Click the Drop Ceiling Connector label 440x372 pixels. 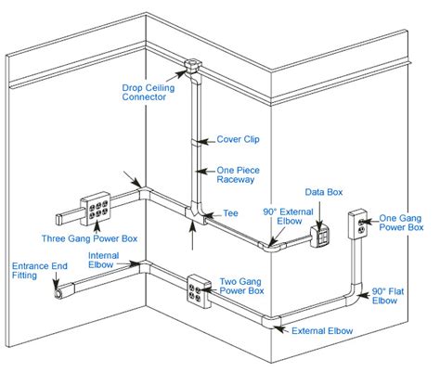[149, 93]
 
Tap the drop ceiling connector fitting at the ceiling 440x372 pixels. [193, 67]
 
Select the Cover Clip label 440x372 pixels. [238, 139]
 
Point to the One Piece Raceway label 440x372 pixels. [238, 174]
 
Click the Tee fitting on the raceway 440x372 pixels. [195, 213]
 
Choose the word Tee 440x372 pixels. [230, 213]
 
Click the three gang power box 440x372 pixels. [96, 209]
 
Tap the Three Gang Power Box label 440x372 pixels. [89, 238]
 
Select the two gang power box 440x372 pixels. [199, 291]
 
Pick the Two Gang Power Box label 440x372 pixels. [241, 286]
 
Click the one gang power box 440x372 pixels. [358, 224]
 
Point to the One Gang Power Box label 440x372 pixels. [401, 223]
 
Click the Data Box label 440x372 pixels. [324, 192]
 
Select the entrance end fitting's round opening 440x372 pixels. [58, 293]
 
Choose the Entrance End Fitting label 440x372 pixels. [40, 271]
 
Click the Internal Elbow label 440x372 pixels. [103, 260]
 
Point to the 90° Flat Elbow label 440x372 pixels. [388, 296]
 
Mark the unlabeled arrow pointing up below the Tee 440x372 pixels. [192, 236]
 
